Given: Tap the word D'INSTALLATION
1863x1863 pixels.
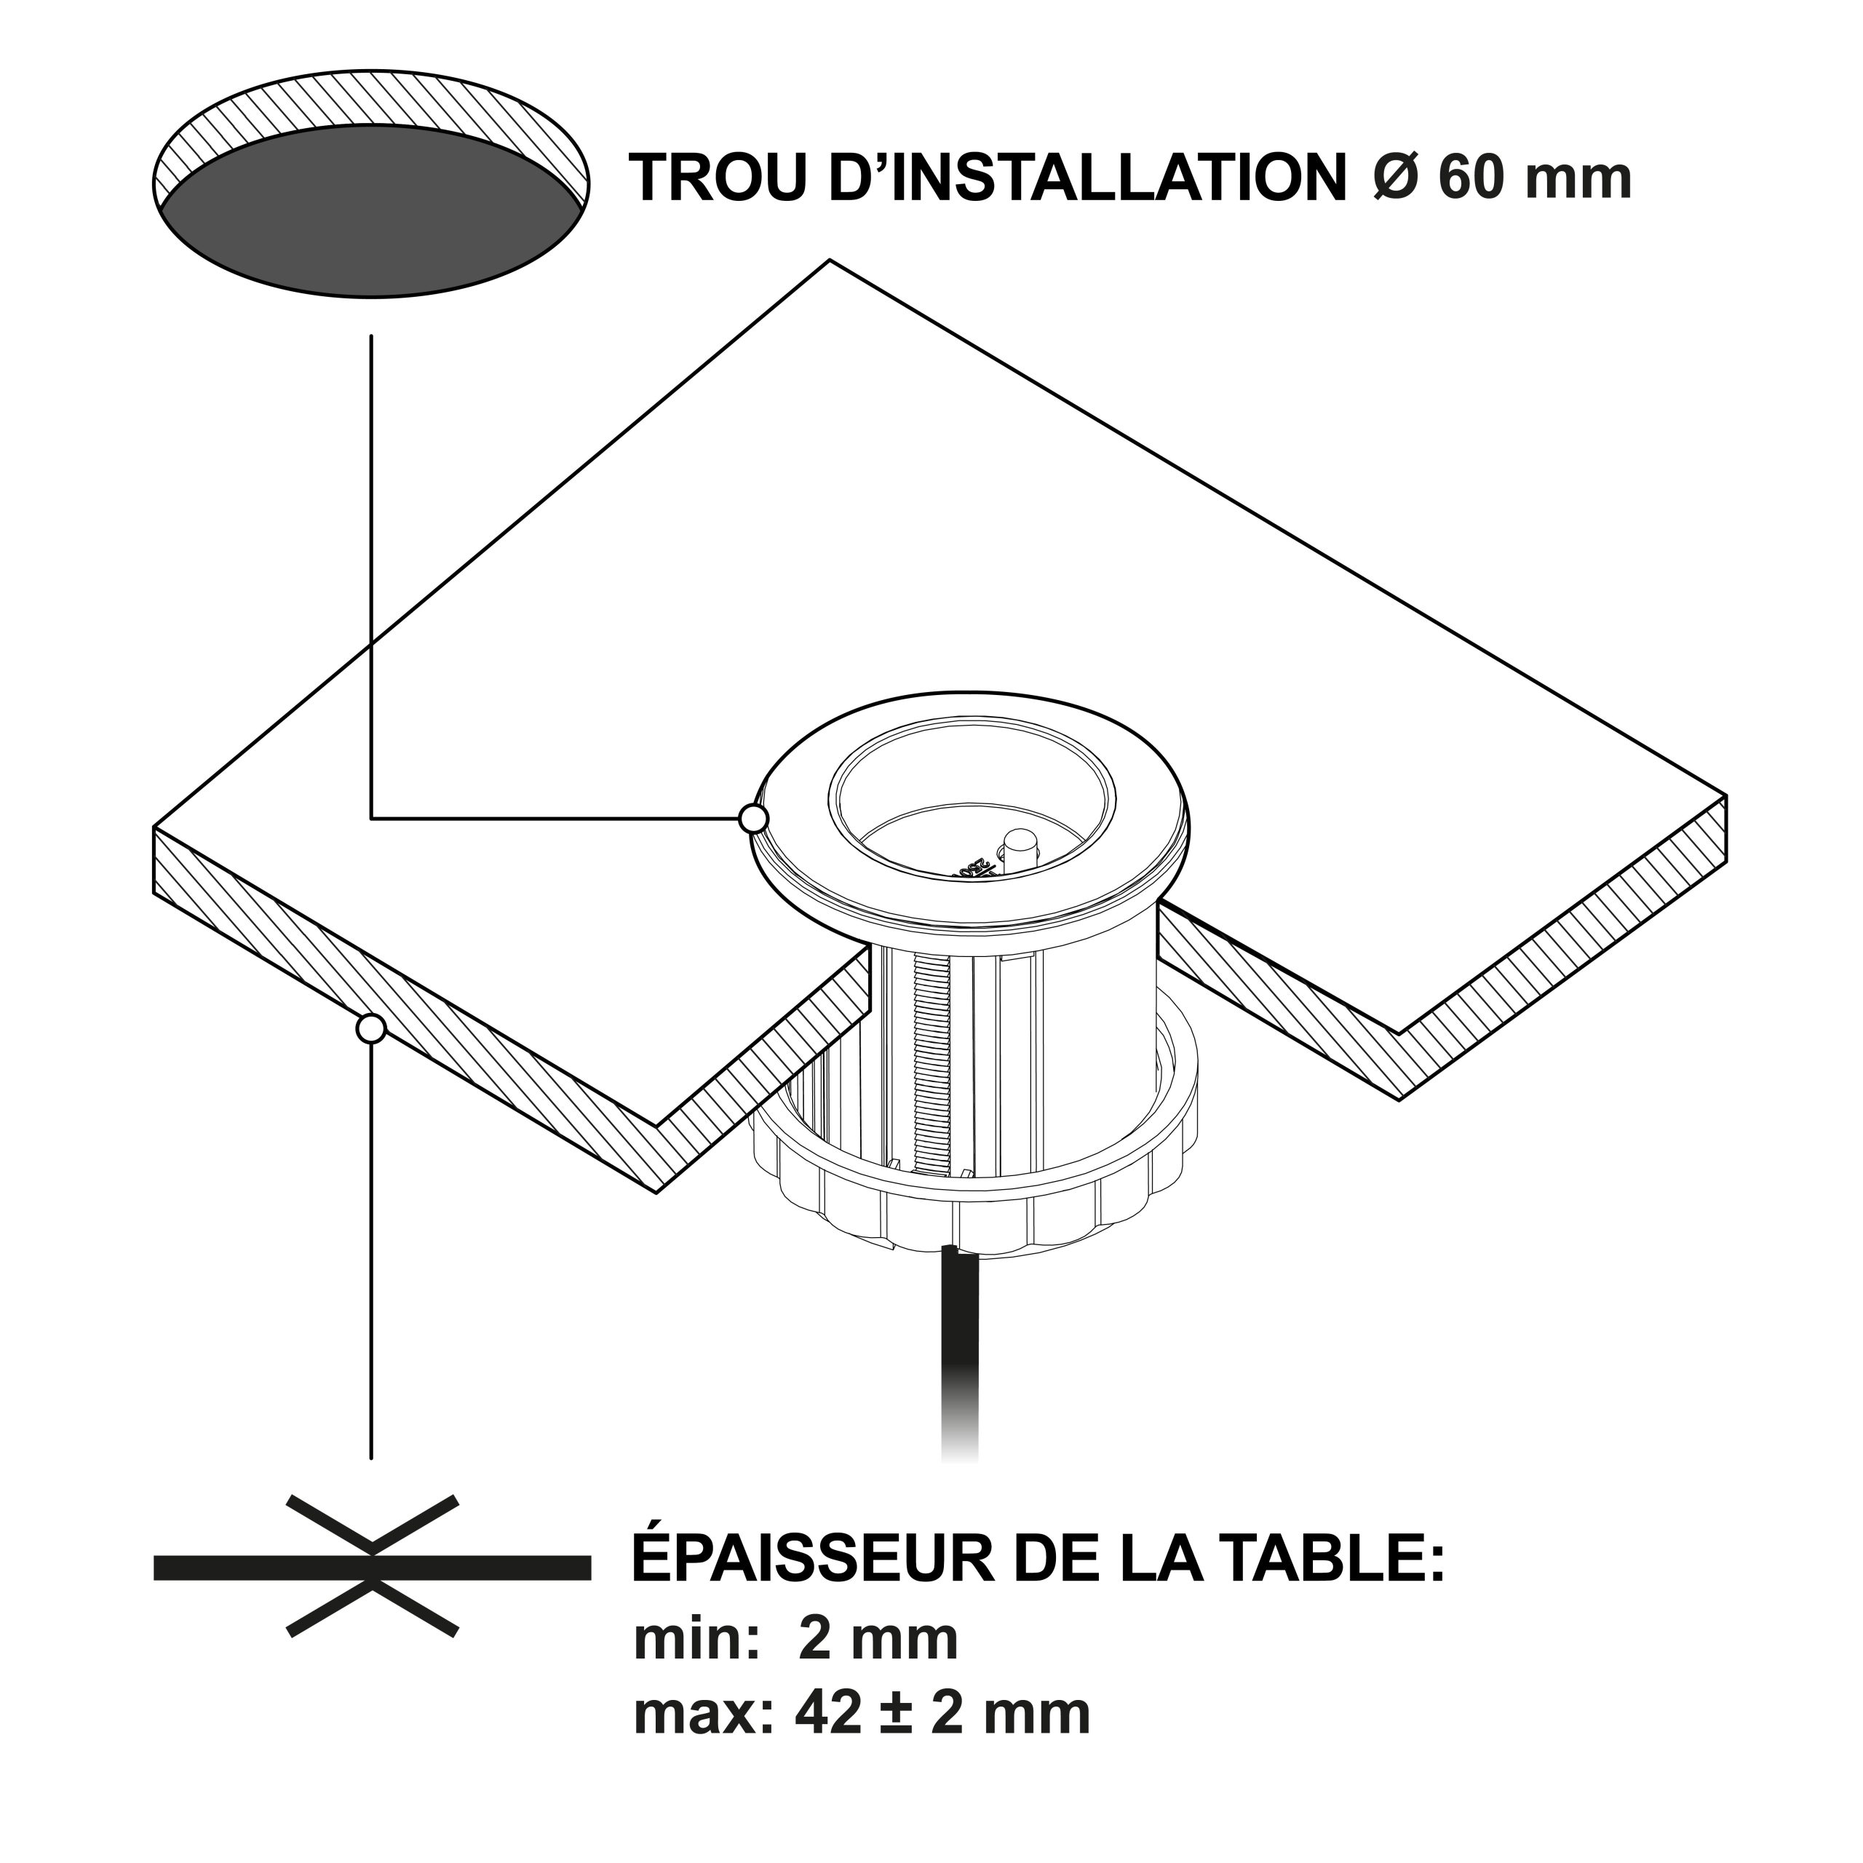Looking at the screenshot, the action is pyautogui.click(x=1088, y=178).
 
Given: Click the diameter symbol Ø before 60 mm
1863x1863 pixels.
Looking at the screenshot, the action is pyautogui.click(x=1395, y=178).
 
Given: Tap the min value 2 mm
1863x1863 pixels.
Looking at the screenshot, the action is pyautogui.click(x=879, y=1640).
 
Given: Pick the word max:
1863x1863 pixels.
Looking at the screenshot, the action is pyautogui.click(x=704, y=1717).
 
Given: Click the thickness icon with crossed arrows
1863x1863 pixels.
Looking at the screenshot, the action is pyautogui.click(x=372, y=1567).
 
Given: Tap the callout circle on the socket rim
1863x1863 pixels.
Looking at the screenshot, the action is pyautogui.click(x=753, y=819).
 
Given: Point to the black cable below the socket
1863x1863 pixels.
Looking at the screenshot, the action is pyautogui.click(x=959, y=1370).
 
